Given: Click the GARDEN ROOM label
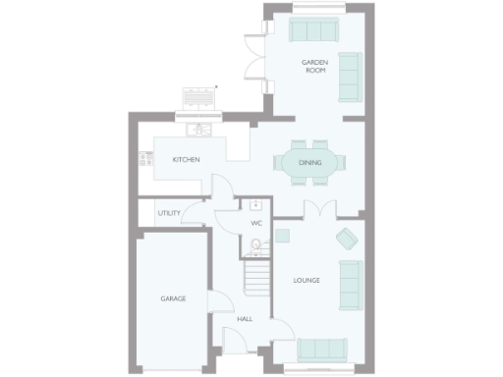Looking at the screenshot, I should pyautogui.click(x=315, y=66).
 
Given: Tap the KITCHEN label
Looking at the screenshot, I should pyautogui.click(x=187, y=160).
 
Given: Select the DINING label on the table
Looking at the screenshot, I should pyautogui.click(x=309, y=162).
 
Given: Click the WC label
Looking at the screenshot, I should pyautogui.click(x=256, y=224).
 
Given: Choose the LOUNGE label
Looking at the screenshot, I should pyautogui.click(x=307, y=281).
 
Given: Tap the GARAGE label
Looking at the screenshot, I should pyautogui.click(x=173, y=298).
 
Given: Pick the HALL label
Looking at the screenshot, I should pyautogui.click(x=245, y=319).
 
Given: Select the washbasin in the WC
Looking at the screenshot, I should pyautogui.click(x=254, y=205).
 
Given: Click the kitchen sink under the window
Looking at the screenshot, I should pyautogui.click(x=201, y=129).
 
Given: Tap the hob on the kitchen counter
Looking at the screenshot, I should pyautogui.click(x=145, y=157).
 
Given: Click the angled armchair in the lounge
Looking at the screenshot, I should pyautogui.click(x=347, y=238).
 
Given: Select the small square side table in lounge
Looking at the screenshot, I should pyautogui.click(x=283, y=235).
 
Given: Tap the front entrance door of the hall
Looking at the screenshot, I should pyautogui.click(x=237, y=339).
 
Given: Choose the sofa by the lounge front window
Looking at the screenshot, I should pyautogui.click(x=321, y=350).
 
